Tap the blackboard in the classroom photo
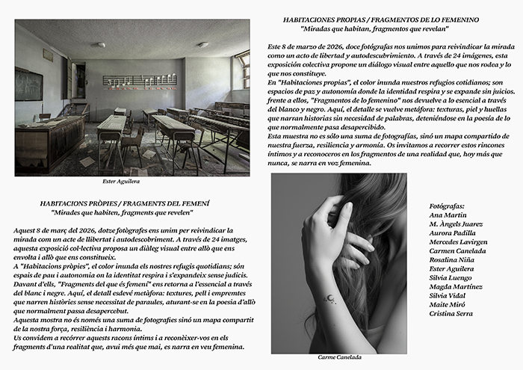click(x=28, y=84)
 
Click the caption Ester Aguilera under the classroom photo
click(x=120, y=181)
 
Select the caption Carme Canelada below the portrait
click(x=338, y=358)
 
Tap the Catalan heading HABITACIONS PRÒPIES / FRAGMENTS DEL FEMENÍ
click(x=124, y=203)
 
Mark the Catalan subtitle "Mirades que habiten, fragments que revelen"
click(x=124, y=212)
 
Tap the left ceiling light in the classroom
click(x=101, y=44)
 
